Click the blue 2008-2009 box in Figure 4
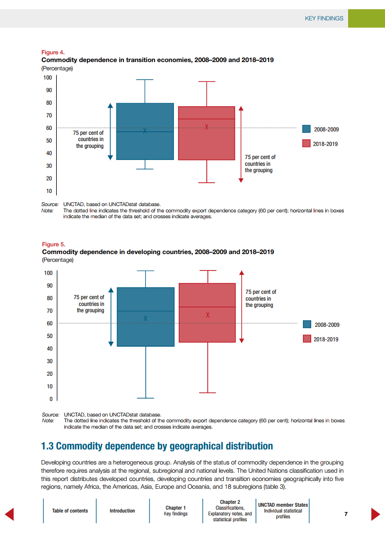[x=145, y=145]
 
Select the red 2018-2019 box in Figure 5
[x=207, y=330]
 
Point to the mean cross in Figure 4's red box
[x=207, y=127]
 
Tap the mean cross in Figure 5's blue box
[x=145, y=318]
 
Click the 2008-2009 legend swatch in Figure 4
[x=306, y=129]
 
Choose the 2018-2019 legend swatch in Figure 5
[x=307, y=339]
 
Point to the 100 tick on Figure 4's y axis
[x=48, y=78]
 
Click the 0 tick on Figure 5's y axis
[x=50, y=400]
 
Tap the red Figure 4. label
[x=53, y=52]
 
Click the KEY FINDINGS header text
[x=324, y=18]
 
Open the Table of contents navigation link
[x=70, y=511]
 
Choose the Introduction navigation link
[x=122, y=511]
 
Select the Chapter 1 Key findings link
[x=176, y=511]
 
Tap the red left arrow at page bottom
[x=9, y=514]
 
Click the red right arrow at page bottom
[x=375, y=514]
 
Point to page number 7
[x=346, y=514]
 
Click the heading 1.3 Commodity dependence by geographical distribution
[x=157, y=446]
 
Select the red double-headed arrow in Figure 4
[x=241, y=144]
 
